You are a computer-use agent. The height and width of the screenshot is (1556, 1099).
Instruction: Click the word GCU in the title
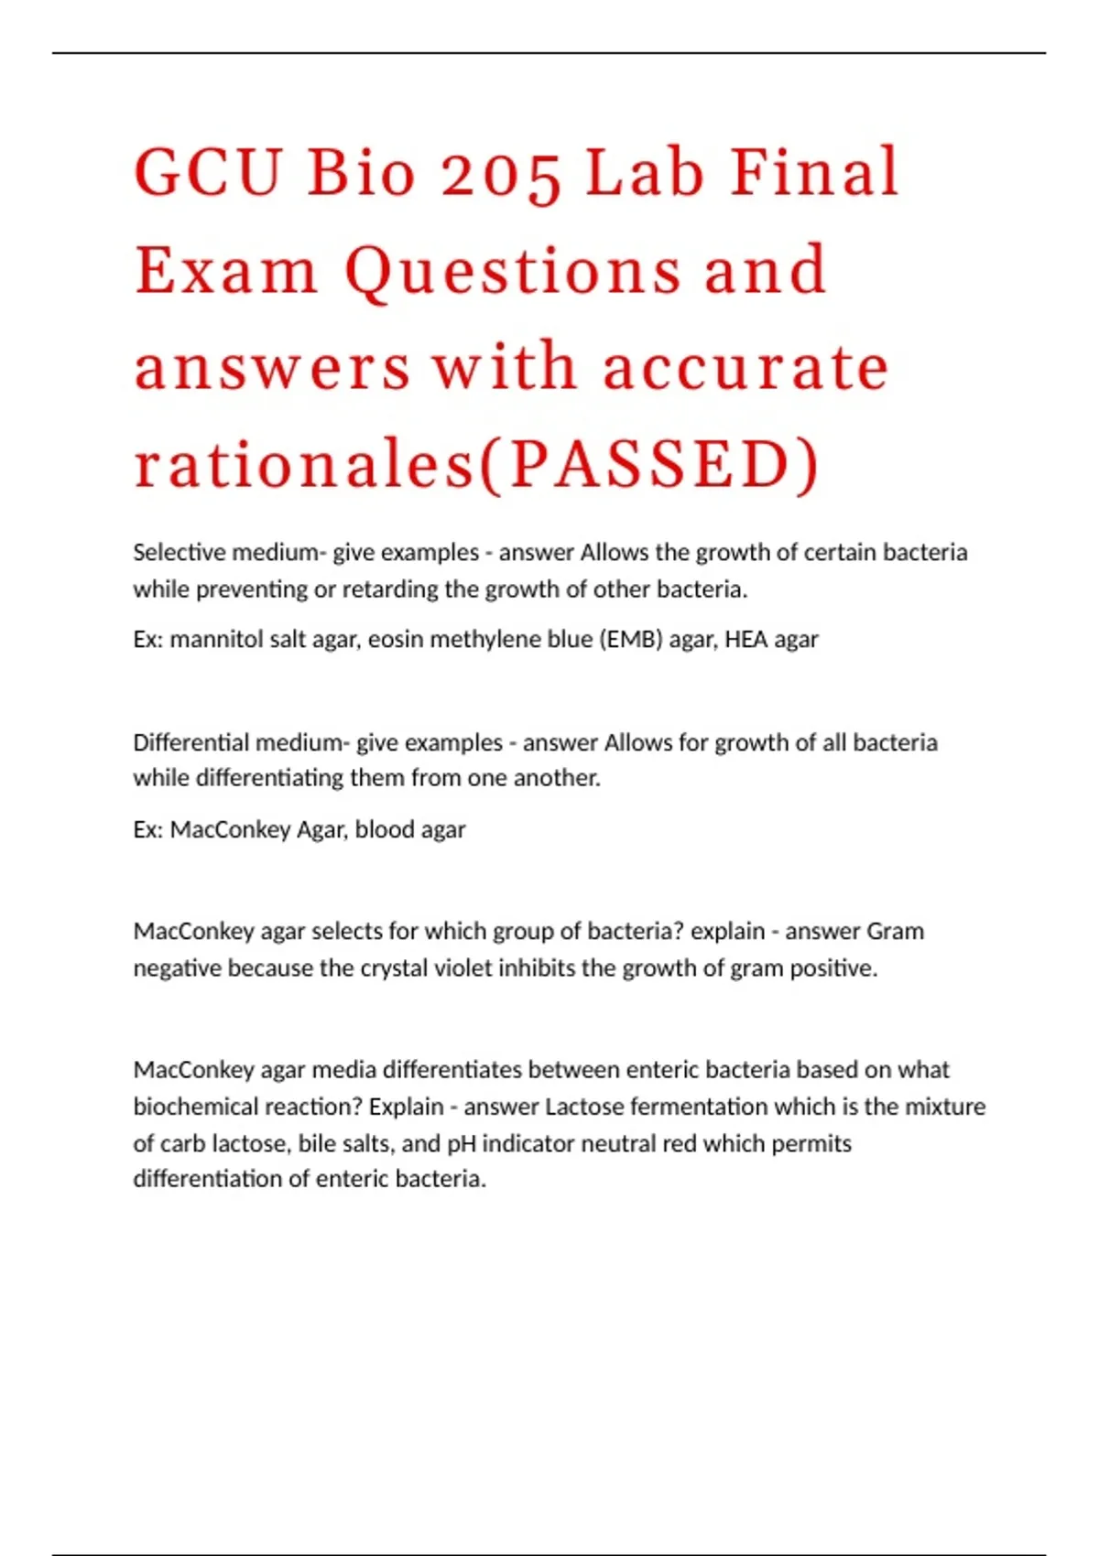tap(207, 172)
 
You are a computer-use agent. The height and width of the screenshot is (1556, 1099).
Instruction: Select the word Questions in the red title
tap(513, 272)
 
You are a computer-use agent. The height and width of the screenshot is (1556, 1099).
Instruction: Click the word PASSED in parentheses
tap(649, 465)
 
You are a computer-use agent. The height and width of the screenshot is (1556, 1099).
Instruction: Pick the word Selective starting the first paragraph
tap(180, 553)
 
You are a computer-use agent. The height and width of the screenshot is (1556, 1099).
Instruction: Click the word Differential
tap(190, 742)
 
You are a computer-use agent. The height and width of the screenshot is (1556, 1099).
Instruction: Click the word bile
tap(314, 1144)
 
